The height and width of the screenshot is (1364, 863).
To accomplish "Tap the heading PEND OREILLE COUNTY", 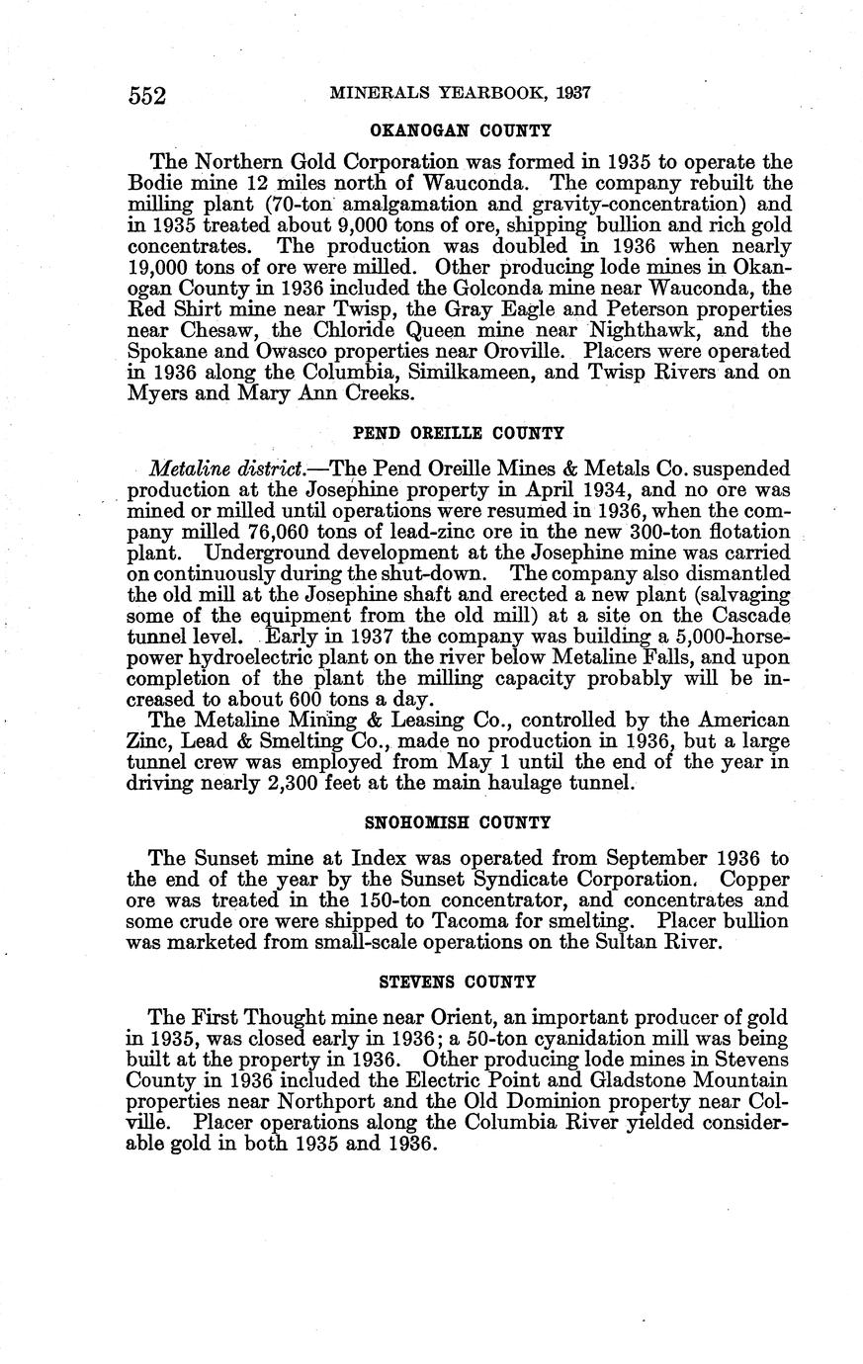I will click(x=459, y=432).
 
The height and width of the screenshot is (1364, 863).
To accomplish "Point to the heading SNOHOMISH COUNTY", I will click(x=458, y=821).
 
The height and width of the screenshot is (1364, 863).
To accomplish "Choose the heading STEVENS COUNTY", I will click(x=458, y=981).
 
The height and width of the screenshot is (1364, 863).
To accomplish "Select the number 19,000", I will click(x=165, y=267).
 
